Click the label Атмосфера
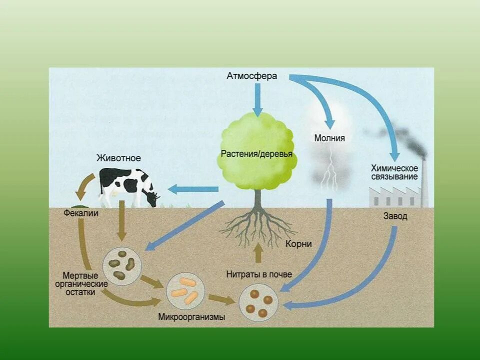tap(251, 76)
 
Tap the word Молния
tap(329, 138)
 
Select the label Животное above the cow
tap(118, 158)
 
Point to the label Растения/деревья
tap(257, 153)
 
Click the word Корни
tap(299, 243)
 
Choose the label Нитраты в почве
tap(259, 274)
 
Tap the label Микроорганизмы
tap(191, 316)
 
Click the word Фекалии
tap(81, 213)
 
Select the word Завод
tap(395, 216)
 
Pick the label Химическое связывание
tap(394, 172)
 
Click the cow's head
tap(152, 198)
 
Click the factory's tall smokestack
tap(424, 182)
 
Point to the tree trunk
tap(257, 200)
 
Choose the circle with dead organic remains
tap(122, 265)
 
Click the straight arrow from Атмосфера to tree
tap(257, 99)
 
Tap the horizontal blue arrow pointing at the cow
tap(192, 189)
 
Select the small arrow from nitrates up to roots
tap(258, 253)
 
